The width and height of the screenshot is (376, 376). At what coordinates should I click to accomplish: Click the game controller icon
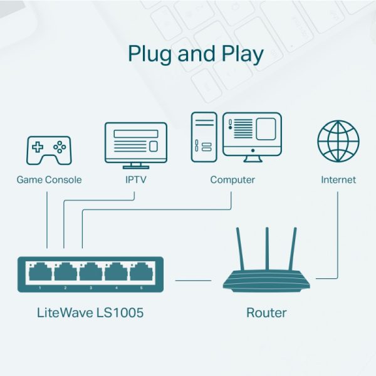pos(48,150)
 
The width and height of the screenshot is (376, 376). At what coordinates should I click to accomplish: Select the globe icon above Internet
pos(338,142)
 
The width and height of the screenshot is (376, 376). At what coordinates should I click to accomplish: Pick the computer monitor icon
pos(253,135)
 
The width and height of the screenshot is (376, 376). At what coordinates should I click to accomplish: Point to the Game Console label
pos(49,180)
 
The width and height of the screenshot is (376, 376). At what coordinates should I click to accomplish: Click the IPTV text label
pos(135,180)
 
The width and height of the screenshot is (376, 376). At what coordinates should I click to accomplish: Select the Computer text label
pos(232,180)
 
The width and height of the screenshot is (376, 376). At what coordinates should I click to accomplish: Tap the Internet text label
pos(338,180)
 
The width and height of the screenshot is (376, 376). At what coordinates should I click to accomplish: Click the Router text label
pos(266,312)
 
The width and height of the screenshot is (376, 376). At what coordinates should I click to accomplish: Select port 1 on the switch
pos(39,273)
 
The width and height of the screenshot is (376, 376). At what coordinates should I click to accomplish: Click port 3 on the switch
pos(90,273)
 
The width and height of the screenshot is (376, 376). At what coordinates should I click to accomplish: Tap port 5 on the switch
pos(141,273)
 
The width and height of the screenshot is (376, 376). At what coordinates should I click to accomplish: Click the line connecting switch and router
pos(193,280)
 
